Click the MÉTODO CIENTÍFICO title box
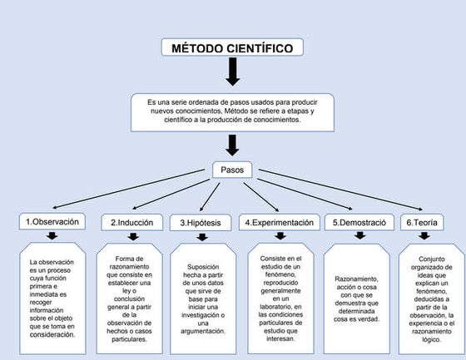232,48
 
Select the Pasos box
232,170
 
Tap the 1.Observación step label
52,222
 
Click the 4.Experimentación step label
279,223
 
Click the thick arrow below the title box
232,73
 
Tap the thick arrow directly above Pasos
232,145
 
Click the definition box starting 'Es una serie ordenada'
232,111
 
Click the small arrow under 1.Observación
52,236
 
